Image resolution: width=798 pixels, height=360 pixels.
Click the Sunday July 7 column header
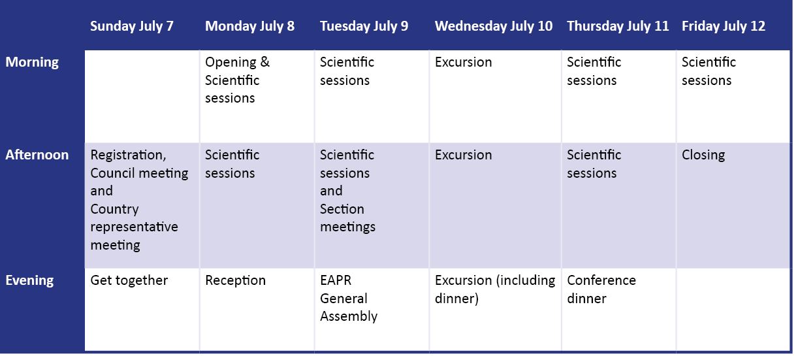(x=132, y=26)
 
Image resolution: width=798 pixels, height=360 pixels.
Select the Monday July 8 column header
(x=249, y=26)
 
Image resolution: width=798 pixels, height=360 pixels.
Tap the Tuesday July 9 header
(x=364, y=26)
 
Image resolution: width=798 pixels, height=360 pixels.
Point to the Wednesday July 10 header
(x=494, y=26)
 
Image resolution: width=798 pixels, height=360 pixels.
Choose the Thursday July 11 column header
(x=618, y=26)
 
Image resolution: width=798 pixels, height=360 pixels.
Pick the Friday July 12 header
(x=724, y=26)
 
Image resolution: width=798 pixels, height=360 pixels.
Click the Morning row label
(x=32, y=62)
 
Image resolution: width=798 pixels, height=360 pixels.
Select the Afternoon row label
(x=37, y=155)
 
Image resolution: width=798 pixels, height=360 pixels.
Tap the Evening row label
(x=29, y=280)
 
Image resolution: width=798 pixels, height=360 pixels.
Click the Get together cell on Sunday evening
(x=129, y=280)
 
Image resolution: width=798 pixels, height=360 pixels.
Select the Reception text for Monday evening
(x=236, y=280)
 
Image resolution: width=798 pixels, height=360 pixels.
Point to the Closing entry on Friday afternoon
(x=703, y=155)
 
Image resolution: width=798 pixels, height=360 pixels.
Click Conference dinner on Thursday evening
(x=601, y=289)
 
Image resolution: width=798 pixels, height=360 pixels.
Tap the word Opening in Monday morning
(x=231, y=63)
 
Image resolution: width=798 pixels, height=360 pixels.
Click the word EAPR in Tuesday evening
(x=336, y=280)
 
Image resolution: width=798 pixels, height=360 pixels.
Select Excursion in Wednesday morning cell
(x=463, y=62)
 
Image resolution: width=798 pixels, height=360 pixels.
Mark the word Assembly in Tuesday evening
(x=349, y=316)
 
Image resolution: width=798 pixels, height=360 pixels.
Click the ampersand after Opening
(x=265, y=62)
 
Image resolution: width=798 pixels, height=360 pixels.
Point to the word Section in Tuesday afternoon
(x=342, y=209)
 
